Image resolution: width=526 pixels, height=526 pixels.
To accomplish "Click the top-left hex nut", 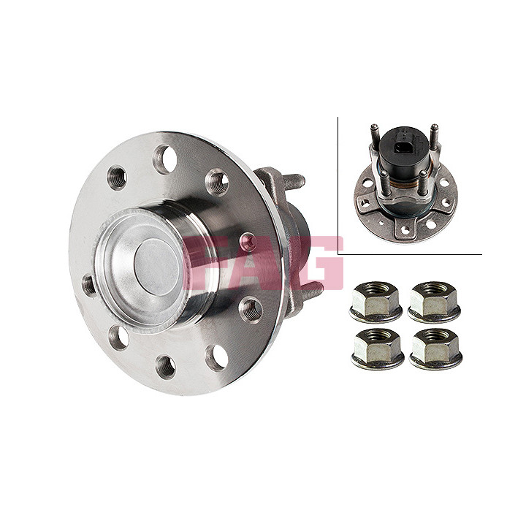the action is point(376,301).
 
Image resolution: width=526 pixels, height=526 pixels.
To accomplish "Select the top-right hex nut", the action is point(434,301).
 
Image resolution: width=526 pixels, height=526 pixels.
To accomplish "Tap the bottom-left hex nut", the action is point(378,348).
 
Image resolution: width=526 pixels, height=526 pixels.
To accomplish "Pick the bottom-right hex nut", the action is point(435,348).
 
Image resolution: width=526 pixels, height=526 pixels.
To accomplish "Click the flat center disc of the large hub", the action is point(156,267).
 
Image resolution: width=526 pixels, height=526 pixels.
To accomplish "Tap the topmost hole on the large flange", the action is point(165,159).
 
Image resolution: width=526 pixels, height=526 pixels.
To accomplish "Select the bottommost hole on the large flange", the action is point(166,367).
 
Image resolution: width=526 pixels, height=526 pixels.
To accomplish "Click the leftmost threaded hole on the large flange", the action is point(90,286).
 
